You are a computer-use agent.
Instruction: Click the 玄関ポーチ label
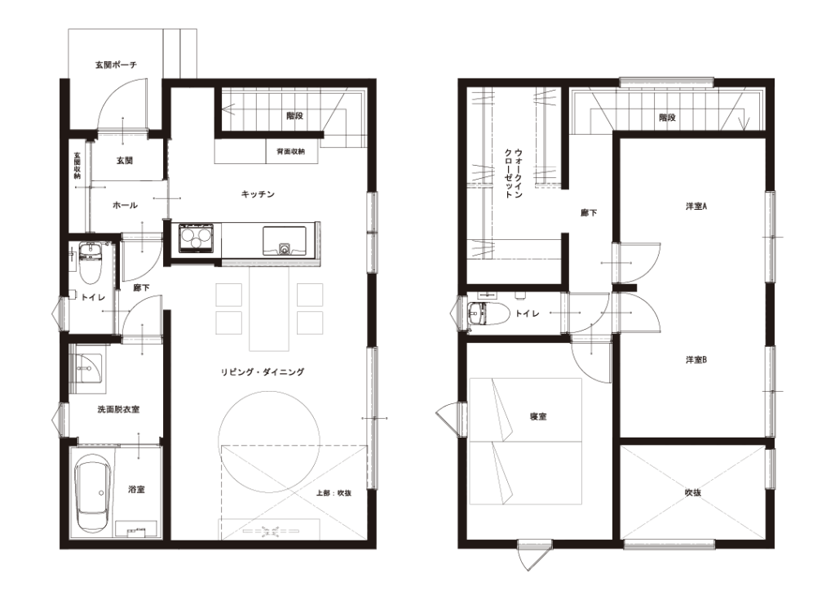coord(116,65)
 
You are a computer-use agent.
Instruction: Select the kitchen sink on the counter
coord(284,241)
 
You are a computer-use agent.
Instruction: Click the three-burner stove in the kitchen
coord(197,238)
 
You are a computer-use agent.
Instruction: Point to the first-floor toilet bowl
coord(90,264)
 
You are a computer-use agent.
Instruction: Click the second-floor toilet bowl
coord(484,313)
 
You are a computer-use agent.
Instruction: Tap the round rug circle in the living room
coord(270,438)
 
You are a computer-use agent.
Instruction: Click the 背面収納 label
coord(291,152)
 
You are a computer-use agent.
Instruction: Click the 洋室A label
coord(696,207)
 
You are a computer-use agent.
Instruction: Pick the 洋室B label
coord(696,360)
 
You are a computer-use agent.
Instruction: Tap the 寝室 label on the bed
coord(538,416)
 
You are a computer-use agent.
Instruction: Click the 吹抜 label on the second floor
coord(693,493)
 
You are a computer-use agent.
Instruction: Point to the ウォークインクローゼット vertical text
coord(514,174)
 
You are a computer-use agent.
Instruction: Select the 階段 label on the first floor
coord(294,116)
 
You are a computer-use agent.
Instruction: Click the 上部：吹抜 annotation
coord(334,493)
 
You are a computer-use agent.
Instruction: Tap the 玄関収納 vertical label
coord(77,166)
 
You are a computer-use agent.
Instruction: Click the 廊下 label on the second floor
coord(589,213)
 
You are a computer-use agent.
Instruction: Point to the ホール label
coord(126,205)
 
